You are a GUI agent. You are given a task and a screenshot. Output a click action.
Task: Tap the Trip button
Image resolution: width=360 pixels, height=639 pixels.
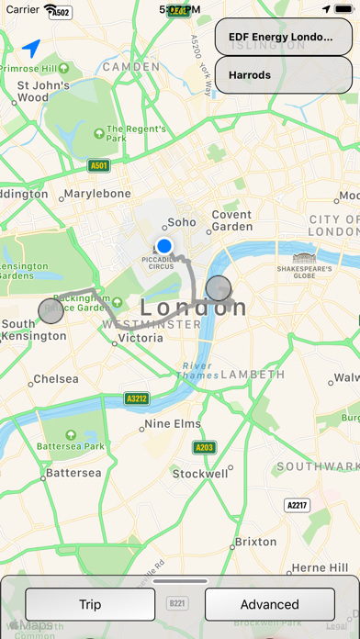(x=90, y=604)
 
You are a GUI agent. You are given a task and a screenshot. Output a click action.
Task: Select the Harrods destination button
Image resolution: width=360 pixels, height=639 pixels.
(x=283, y=74)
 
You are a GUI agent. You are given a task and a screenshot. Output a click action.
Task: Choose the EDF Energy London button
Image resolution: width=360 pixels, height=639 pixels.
(x=283, y=37)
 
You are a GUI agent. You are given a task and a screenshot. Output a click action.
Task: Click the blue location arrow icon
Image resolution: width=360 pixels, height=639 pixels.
(x=32, y=48)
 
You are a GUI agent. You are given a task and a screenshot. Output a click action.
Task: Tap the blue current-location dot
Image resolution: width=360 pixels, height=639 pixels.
(x=164, y=246)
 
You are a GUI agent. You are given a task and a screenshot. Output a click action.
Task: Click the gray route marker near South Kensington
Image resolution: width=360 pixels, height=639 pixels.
(x=51, y=311)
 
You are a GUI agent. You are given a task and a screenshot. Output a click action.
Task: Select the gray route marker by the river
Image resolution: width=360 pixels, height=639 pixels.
(x=219, y=288)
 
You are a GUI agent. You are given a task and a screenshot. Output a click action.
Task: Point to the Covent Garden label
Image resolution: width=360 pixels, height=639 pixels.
(x=231, y=220)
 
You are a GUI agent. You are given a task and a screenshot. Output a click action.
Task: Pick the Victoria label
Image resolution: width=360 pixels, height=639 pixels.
(x=140, y=338)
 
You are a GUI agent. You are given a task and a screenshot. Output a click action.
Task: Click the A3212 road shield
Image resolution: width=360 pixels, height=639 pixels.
(x=137, y=399)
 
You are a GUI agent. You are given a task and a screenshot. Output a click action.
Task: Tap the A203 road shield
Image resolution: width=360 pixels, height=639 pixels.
(x=204, y=447)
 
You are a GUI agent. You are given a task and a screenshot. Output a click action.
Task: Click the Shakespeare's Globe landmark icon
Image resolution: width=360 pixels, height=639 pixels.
(x=304, y=258)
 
